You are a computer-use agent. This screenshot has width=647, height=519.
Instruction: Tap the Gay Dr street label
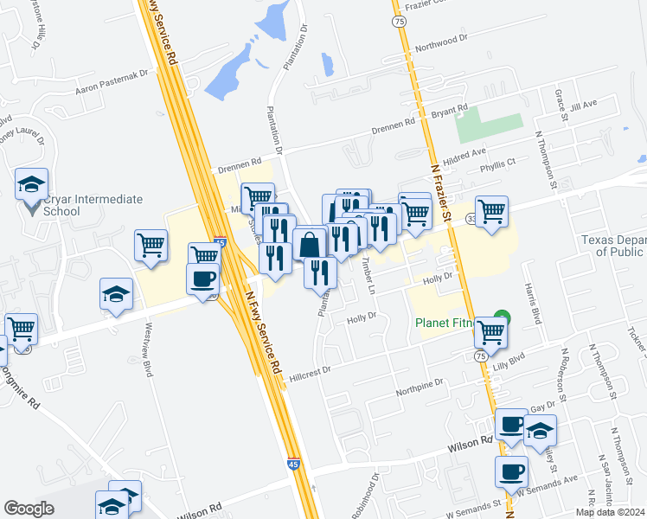[x=542, y=405]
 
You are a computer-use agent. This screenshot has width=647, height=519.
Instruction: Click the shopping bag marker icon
[x=310, y=244]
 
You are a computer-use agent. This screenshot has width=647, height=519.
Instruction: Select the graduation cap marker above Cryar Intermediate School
[x=31, y=184]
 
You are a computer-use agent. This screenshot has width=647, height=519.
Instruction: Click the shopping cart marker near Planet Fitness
[x=490, y=331]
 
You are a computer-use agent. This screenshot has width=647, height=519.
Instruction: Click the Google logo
[x=29, y=509]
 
